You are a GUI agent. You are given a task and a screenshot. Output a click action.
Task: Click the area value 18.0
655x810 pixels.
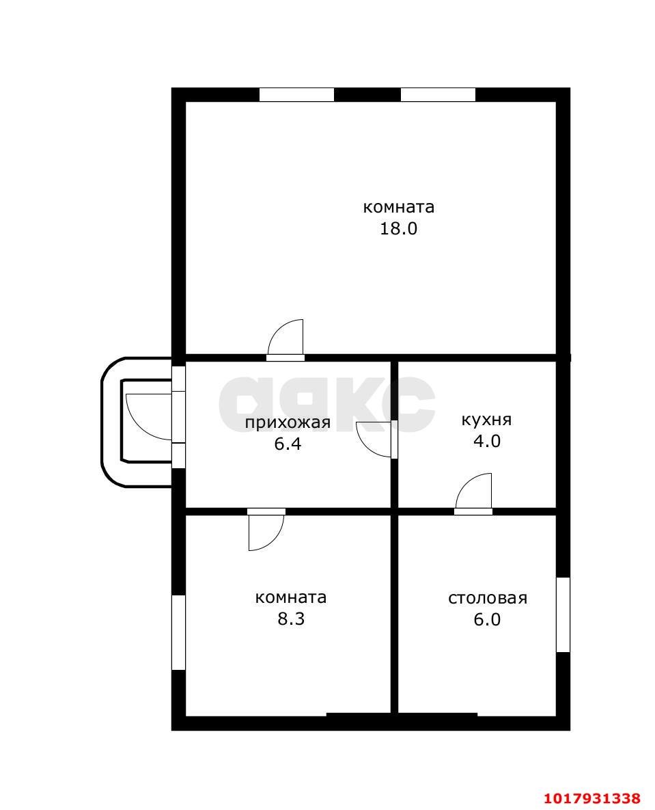pyautogui.click(x=398, y=228)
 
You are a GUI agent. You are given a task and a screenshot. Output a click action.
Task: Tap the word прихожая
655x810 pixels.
pyautogui.click(x=288, y=423)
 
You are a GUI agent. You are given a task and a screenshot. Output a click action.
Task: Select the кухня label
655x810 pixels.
pyautogui.click(x=487, y=420)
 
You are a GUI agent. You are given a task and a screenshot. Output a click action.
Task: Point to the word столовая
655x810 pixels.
pyautogui.click(x=488, y=598)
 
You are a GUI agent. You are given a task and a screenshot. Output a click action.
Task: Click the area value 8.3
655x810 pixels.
pyautogui.click(x=291, y=619)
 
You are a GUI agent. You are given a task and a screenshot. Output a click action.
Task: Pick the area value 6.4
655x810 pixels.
pyautogui.click(x=288, y=444)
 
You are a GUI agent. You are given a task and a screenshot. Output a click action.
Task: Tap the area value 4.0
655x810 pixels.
pyautogui.click(x=487, y=441)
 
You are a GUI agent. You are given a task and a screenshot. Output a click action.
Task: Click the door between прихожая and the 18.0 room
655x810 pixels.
pyautogui.click(x=285, y=340)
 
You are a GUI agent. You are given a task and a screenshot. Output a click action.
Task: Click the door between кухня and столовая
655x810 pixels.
pyautogui.click(x=473, y=494)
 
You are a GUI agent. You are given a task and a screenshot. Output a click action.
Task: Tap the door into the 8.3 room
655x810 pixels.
pyautogui.click(x=266, y=530)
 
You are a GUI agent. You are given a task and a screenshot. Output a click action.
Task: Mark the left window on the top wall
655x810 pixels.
pyautogui.click(x=297, y=94)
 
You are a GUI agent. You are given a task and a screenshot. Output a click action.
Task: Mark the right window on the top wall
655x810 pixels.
pyautogui.click(x=438, y=94)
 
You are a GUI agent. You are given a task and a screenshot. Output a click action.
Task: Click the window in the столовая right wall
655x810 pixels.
pyautogui.click(x=563, y=615)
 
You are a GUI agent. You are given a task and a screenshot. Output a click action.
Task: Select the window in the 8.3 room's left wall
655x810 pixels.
pyautogui.click(x=178, y=632)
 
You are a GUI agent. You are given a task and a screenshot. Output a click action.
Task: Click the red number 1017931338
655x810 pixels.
pyautogui.click(x=592, y=798)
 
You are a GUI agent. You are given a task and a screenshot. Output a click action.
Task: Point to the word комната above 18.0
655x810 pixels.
pyautogui.click(x=398, y=208)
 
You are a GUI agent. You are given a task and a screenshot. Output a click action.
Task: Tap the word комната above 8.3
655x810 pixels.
pyautogui.click(x=291, y=597)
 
